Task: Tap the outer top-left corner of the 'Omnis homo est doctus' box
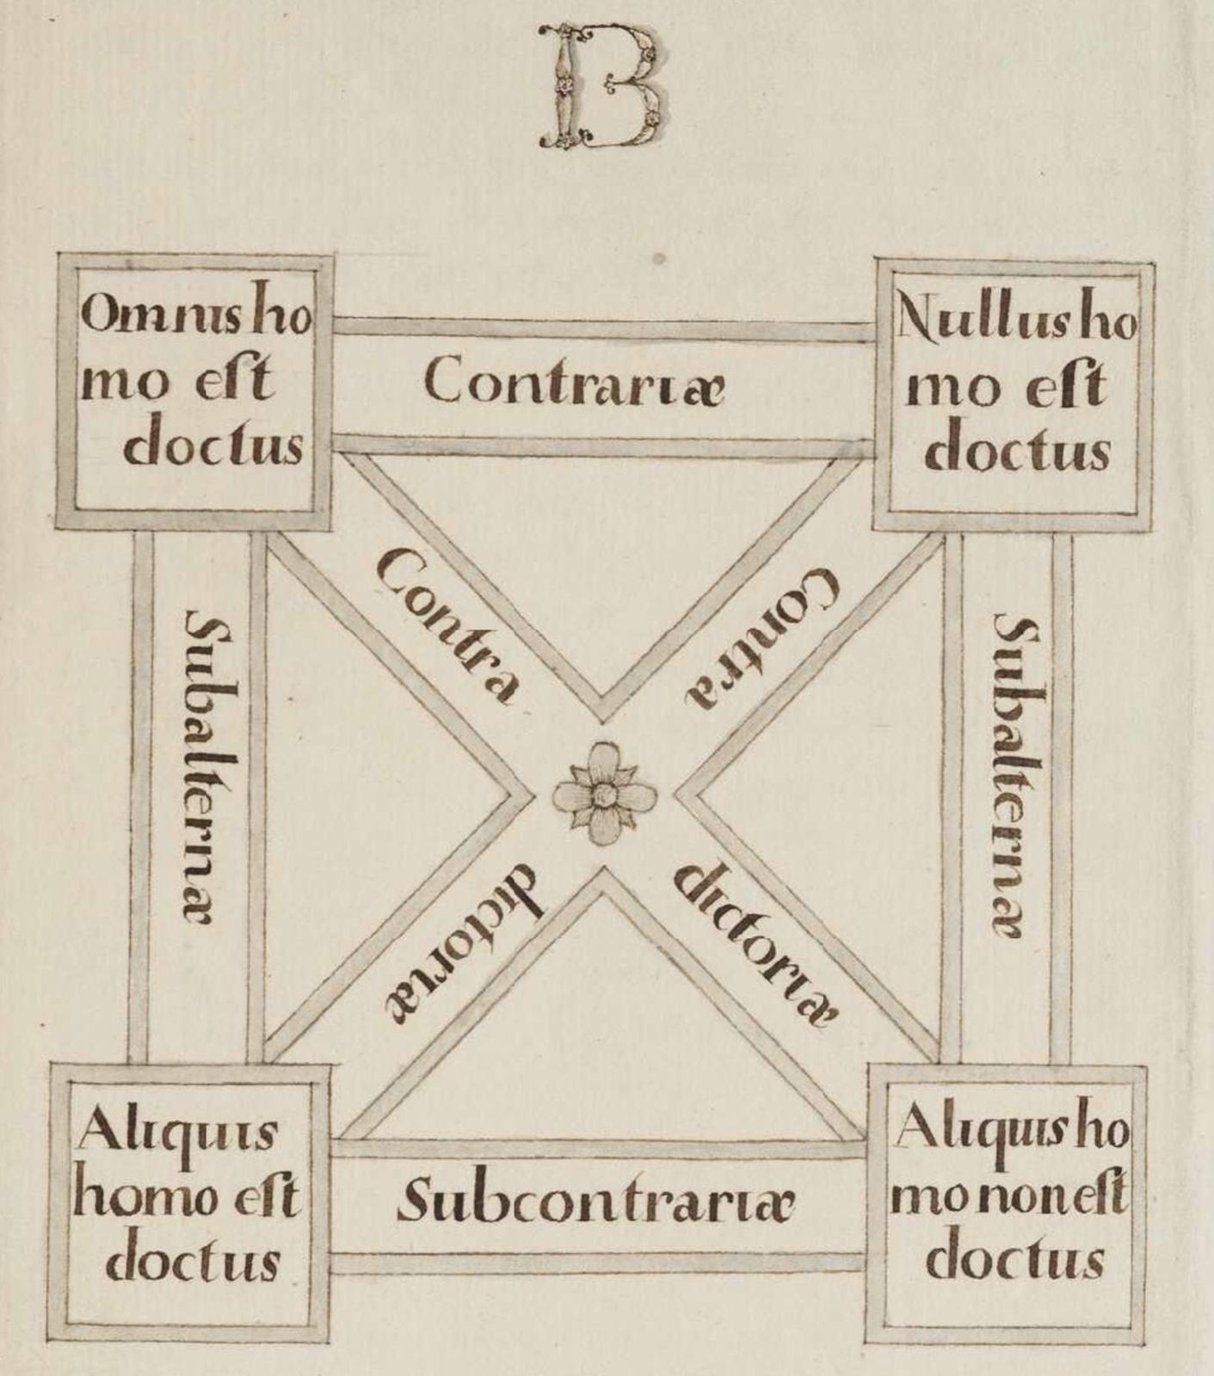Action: (58, 255)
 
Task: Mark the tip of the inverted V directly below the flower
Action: (605, 869)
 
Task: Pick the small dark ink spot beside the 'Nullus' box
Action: (659, 257)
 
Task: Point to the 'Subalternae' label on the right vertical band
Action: (1016, 774)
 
